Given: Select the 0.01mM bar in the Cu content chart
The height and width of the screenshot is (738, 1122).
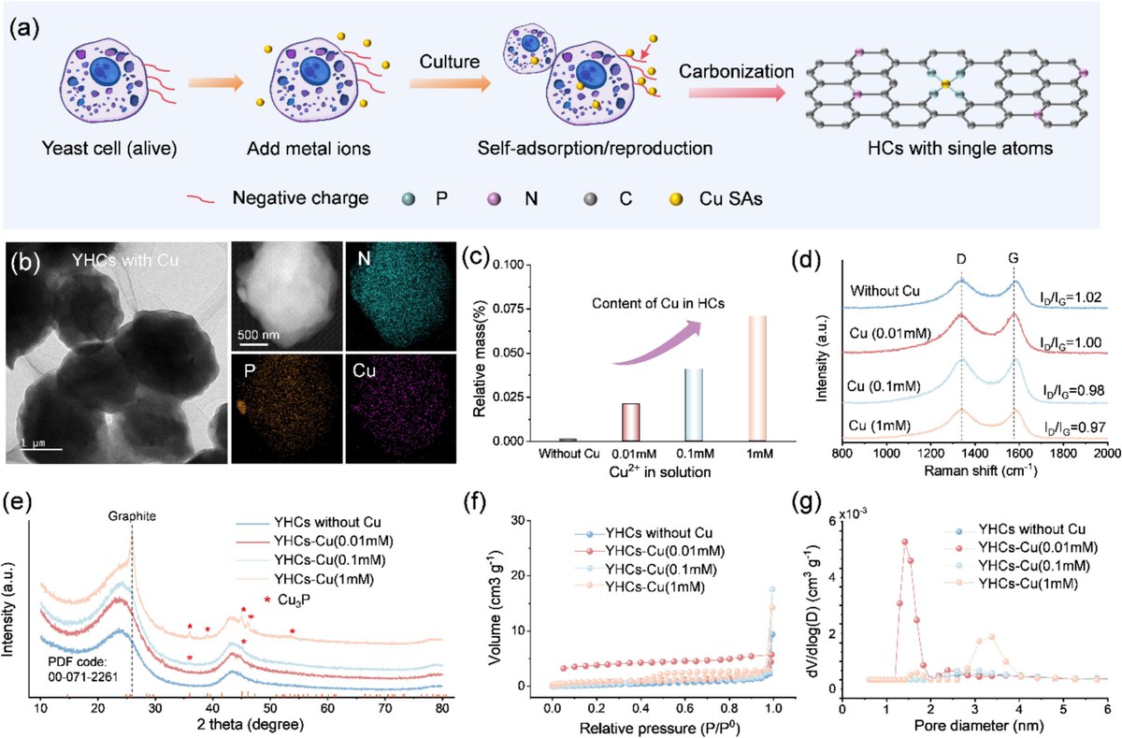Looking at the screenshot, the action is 630,423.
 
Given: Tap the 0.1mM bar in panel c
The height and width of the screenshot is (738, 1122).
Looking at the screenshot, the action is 694,405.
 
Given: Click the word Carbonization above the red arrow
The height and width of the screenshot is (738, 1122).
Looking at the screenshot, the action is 737,72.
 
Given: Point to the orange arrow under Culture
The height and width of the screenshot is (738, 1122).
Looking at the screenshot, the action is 450,83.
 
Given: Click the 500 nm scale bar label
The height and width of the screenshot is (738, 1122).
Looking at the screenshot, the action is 258,334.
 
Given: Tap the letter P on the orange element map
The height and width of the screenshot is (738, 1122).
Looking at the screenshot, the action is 249,371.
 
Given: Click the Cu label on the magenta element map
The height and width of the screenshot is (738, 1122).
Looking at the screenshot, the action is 364,370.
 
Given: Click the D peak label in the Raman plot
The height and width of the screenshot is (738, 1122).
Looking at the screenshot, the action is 961,258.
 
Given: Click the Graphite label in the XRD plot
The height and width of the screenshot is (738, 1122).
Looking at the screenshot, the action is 132,516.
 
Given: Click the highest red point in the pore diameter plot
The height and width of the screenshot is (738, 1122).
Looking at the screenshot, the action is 905,542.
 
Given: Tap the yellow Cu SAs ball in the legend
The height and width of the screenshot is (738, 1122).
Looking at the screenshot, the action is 677,200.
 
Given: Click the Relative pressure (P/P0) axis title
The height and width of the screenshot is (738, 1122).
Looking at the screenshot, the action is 660,727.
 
